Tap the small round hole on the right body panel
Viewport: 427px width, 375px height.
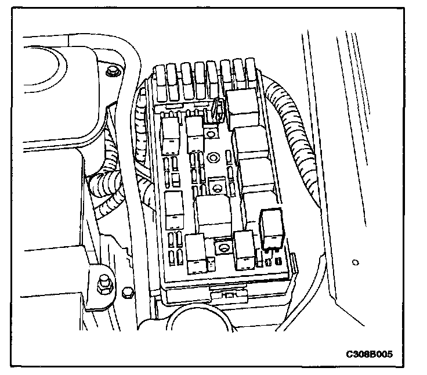[355, 262]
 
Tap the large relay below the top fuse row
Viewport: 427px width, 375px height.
[243, 107]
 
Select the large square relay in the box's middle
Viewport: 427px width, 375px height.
[213, 212]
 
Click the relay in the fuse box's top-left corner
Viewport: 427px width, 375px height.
[172, 132]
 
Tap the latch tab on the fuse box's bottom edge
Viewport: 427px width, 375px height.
[227, 295]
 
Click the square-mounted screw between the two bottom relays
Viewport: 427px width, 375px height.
[221, 248]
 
